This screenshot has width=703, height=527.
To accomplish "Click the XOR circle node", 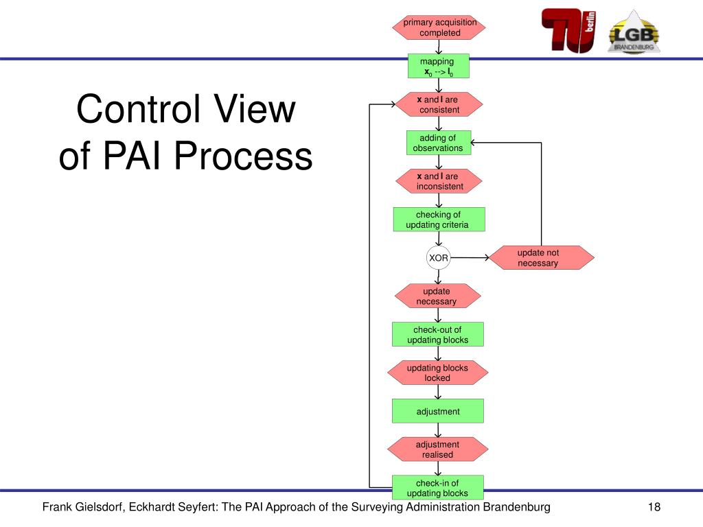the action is point(438,258).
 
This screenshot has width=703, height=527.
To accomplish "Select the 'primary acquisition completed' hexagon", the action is point(439,27).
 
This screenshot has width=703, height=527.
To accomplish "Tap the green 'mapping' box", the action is point(439,66).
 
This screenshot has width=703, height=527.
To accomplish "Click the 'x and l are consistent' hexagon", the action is point(439,104).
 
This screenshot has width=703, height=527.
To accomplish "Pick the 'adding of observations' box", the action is point(439,143).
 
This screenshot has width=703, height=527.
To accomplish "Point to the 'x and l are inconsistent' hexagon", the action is point(439,181).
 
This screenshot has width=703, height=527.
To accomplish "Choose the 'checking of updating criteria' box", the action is point(439,220).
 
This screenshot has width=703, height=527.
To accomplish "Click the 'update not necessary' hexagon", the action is point(541,258).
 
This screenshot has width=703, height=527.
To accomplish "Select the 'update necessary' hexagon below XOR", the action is point(437,296).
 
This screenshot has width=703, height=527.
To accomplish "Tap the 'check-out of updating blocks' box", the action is point(437,334).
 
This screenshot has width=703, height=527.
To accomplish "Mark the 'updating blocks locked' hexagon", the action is point(437,373).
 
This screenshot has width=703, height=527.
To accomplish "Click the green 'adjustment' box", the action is point(437,411).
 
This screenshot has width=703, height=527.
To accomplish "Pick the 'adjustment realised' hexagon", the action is point(437,449).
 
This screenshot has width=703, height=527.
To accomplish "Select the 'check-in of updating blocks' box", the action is point(437,488).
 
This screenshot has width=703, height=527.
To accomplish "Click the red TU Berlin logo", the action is point(568,30).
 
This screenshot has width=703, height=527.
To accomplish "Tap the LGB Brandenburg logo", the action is point(634,32).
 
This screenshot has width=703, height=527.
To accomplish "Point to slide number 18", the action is point(654,507).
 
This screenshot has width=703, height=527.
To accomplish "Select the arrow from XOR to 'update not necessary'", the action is point(470,258).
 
